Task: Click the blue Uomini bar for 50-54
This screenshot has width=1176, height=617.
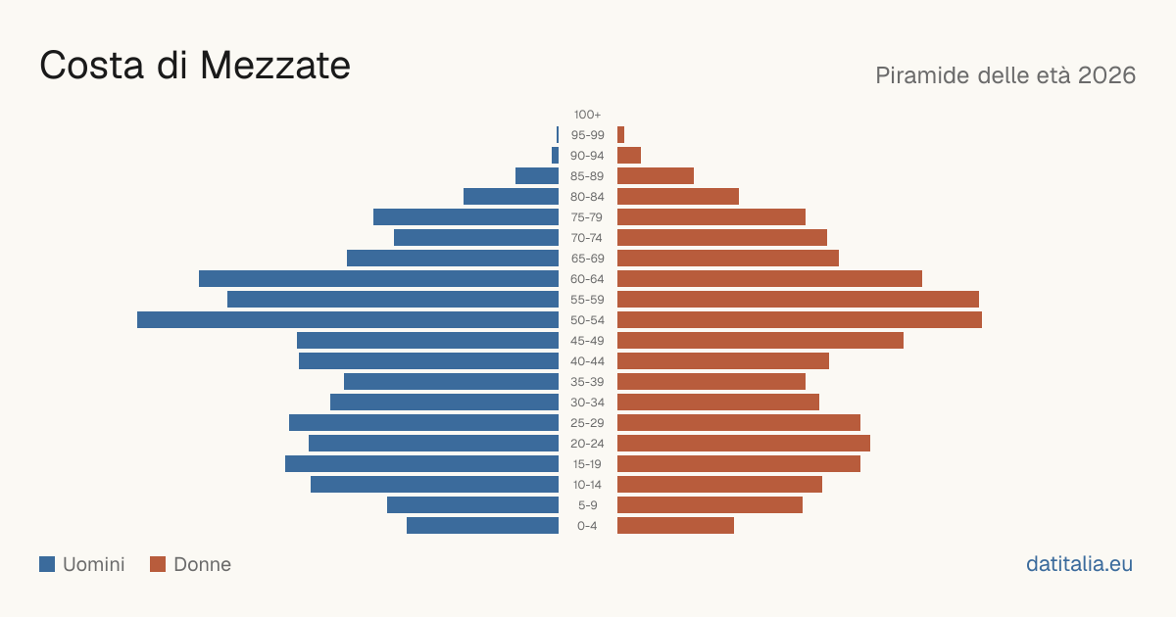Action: pos(348,320)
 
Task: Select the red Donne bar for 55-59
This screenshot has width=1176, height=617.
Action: pos(798,300)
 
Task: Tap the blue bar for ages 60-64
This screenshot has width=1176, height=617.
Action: pos(378,278)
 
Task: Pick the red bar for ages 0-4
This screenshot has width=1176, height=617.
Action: pos(675,526)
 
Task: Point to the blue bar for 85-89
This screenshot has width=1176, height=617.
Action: pos(537,175)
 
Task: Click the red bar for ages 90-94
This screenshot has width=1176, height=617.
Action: pos(629,156)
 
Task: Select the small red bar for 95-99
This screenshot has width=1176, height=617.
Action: pos(620,135)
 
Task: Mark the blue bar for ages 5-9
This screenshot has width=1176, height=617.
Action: pos(473,505)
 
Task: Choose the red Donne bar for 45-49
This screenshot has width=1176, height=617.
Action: pos(760,341)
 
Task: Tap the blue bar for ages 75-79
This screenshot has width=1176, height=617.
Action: pos(465,217)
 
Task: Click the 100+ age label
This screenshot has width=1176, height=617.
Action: pos(587,115)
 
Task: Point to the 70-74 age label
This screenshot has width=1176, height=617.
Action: pos(587,238)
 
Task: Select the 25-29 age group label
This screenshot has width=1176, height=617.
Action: pos(587,423)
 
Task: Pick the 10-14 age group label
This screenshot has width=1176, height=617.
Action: pos(587,485)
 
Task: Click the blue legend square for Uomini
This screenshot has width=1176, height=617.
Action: pos(47,564)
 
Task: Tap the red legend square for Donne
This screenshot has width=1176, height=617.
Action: pos(158,564)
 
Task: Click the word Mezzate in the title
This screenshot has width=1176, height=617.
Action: pos(275,67)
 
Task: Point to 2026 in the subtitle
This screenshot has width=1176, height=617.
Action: pos(1107,75)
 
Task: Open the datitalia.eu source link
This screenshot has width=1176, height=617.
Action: pos(1079,564)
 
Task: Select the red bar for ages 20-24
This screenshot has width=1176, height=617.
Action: pos(744,444)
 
